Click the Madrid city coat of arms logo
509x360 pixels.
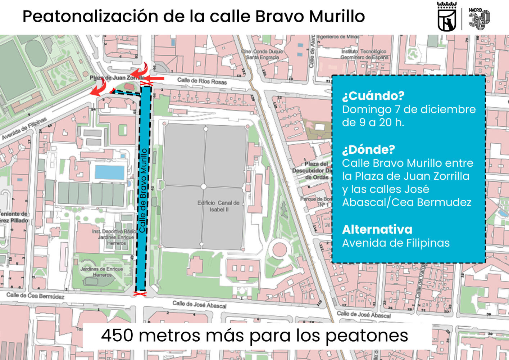[447, 17]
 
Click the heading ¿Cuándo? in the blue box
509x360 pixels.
[373, 96]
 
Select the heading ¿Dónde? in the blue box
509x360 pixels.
[368, 149]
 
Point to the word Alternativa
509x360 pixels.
[377, 230]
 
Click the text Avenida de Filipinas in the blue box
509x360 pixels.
[396, 243]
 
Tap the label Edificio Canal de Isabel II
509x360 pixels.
[218, 206]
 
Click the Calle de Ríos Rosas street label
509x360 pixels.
[202, 81]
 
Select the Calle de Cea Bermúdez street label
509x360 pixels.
[35, 296]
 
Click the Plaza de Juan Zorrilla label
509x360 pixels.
[117, 77]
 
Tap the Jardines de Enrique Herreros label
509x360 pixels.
[102, 272]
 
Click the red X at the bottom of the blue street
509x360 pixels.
[140, 294]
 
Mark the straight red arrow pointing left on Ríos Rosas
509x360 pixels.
[155, 78]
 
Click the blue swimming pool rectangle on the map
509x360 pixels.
[109, 172]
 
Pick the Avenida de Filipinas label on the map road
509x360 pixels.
[24, 129]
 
